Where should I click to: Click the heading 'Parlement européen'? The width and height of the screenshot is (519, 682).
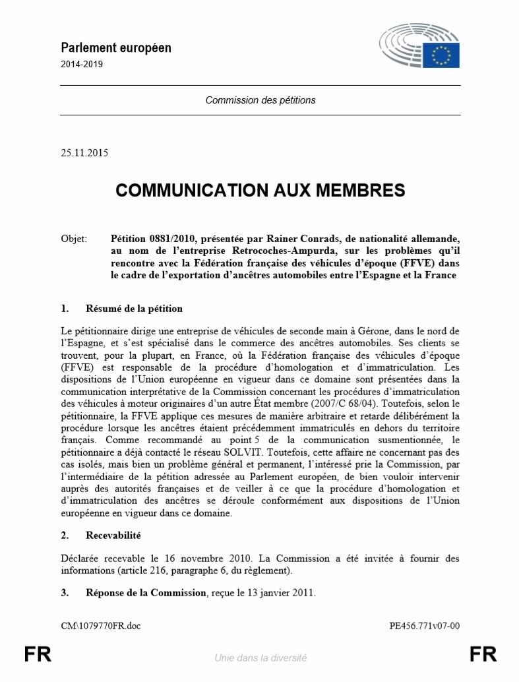click(116, 47)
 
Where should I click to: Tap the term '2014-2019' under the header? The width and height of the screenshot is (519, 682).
click(82, 65)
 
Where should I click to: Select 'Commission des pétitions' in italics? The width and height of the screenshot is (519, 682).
click(260, 100)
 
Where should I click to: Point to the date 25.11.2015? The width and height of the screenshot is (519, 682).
click(84, 153)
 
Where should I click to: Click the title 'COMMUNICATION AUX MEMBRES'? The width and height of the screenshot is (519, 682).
click(260, 191)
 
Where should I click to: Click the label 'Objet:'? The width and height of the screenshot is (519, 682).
click(73, 238)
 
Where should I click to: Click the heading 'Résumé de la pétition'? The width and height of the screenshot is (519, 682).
click(134, 309)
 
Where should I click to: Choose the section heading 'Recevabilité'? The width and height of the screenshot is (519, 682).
click(113, 536)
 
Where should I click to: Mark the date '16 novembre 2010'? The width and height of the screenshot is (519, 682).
click(213, 558)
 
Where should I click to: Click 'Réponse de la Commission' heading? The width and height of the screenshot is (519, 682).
click(146, 592)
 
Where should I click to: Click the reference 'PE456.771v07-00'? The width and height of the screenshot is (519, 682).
click(425, 625)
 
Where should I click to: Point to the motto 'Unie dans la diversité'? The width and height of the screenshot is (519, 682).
click(260, 657)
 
